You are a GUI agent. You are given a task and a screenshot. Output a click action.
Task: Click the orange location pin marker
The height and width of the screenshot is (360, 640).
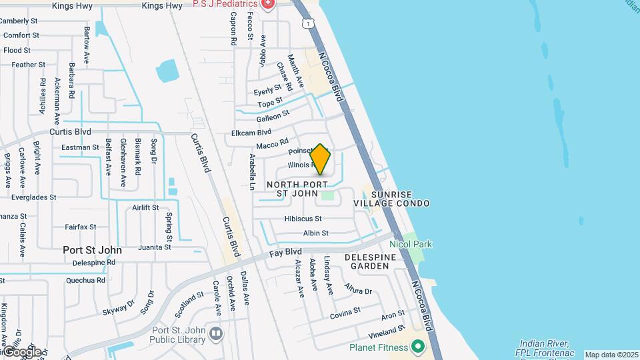pos(321,159)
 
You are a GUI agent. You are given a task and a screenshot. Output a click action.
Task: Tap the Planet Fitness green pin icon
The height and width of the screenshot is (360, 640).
pos(418,347)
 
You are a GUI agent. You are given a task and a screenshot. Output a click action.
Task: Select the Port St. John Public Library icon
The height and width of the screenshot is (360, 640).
pos(215,333)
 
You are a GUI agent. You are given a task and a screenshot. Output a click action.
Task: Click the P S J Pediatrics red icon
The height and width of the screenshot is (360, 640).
pos(268,4)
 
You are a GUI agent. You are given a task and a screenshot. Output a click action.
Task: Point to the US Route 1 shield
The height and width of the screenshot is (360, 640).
pos(307,24)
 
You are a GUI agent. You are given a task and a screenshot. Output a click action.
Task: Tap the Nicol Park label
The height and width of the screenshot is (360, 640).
pos(411,244)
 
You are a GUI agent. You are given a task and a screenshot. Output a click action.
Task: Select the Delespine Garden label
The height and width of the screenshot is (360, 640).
pos(367,261)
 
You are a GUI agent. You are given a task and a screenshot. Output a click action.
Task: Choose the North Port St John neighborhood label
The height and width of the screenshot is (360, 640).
pos(297,189)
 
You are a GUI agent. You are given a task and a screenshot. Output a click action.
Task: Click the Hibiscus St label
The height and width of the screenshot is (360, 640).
pos(303,219)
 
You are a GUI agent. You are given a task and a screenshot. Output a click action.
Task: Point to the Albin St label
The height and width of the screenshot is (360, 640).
pos(315,233)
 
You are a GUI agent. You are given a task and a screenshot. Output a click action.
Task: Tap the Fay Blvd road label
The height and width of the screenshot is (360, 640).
pos(286,253)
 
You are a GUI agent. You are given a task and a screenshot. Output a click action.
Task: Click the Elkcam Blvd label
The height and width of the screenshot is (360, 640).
pos(251,133)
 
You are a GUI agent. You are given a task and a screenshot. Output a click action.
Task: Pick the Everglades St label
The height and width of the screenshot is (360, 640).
pos(33,197)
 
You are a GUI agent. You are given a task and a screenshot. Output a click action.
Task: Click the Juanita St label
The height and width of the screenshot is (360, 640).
pos(155,247)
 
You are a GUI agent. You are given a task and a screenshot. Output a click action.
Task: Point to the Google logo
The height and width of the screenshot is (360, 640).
pos(21,351)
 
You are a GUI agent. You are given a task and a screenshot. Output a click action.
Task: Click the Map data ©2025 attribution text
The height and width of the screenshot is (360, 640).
pos(611,355)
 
